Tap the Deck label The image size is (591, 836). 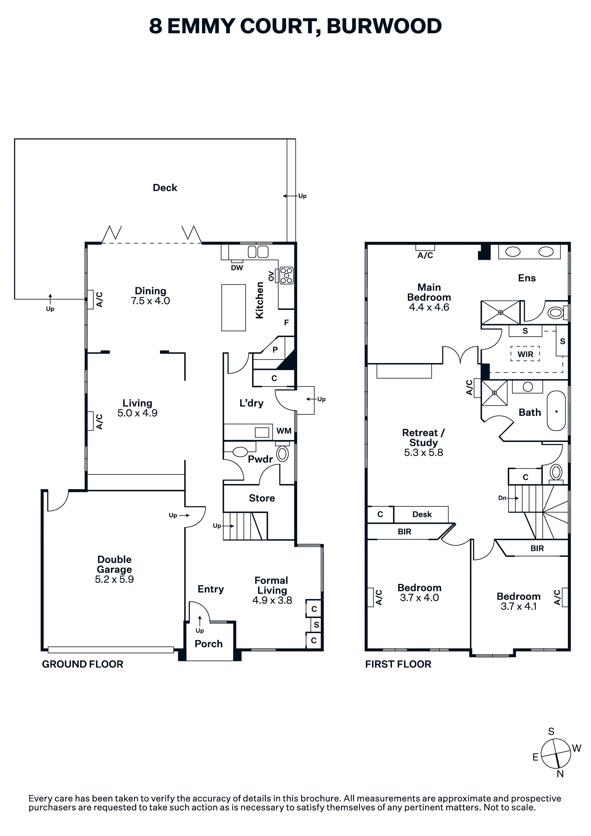click(x=165, y=188)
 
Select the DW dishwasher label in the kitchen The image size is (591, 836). click(x=237, y=268)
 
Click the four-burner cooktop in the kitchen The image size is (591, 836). click(x=287, y=275)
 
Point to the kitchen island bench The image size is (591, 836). click(x=233, y=308)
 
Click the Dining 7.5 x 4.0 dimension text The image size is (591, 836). click(x=150, y=301)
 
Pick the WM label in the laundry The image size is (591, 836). click(x=284, y=431)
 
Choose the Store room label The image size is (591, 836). click(x=262, y=498)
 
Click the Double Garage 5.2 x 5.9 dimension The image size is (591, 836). click(x=114, y=579)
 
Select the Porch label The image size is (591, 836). click(x=209, y=644)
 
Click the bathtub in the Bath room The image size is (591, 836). click(x=556, y=411)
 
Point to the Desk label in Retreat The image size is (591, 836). click(x=422, y=514)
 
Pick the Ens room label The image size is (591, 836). click(x=527, y=278)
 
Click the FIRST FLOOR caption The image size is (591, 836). click(x=398, y=664)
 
